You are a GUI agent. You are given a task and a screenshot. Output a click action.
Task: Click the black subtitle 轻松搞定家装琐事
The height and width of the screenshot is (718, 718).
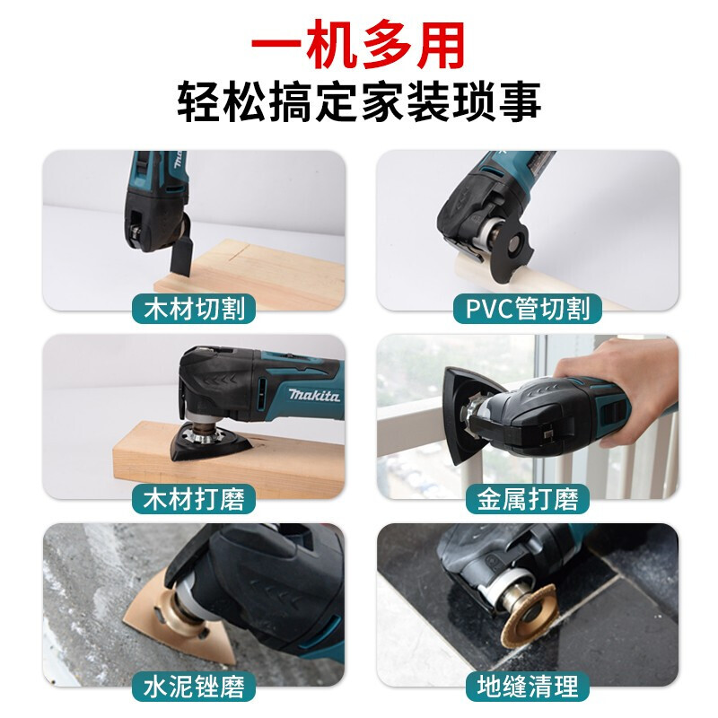tap(360, 101)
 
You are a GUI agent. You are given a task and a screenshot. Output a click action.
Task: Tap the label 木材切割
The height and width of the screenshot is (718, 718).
tap(194, 308)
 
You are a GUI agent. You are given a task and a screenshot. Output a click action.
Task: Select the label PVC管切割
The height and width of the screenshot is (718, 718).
tap(527, 308)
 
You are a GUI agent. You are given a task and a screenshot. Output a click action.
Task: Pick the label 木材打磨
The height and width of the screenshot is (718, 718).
tap(194, 499)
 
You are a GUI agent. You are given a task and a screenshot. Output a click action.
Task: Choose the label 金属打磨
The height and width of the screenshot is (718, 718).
tap(527, 499)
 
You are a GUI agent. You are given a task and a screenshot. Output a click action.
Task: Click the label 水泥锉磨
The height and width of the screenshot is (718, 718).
tap(194, 687)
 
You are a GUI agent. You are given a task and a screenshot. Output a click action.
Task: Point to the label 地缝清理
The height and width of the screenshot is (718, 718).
tap(527, 687)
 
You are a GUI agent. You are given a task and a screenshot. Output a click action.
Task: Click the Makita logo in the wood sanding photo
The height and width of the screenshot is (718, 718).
tap(314, 395)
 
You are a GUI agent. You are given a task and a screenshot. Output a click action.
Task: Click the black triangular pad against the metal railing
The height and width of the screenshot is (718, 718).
tap(458, 412)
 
